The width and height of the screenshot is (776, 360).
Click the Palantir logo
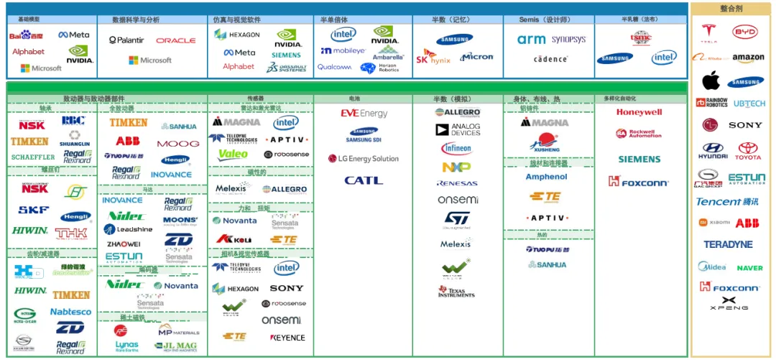pyautogui.click(x=126, y=40)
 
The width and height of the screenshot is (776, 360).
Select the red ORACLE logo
pyautogui.click(x=175, y=41)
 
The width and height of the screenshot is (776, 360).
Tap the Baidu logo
pyautogui.click(x=26, y=35)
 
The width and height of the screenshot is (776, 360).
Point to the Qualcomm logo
pyautogui.click(x=334, y=67)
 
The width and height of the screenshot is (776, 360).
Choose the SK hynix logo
pyautogui.click(x=433, y=57)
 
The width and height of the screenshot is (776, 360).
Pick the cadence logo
pyautogui.click(x=550, y=59)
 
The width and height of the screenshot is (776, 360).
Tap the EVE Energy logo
pyautogui.click(x=364, y=114)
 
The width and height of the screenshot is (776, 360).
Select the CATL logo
pyautogui.click(x=364, y=180)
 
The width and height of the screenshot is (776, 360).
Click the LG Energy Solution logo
pyautogui.click(x=363, y=158)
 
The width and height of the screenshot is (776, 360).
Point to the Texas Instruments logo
pyautogui.click(x=456, y=291)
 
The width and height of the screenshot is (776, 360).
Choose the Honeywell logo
pyautogui.click(x=639, y=112)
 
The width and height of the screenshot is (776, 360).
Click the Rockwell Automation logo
pyautogui.click(x=639, y=134)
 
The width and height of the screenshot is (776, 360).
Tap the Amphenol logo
pyautogui.click(x=546, y=177)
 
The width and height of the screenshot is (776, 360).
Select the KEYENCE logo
pyautogui.click(x=287, y=338)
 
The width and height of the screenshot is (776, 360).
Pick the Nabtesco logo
pyautogui.click(x=70, y=312)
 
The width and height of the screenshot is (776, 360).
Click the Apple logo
pyautogui.click(x=711, y=80)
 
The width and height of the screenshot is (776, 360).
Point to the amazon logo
pyautogui.click(x=748, y=58)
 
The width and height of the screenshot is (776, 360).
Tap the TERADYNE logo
pyautogui.click(x=728, y=244)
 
